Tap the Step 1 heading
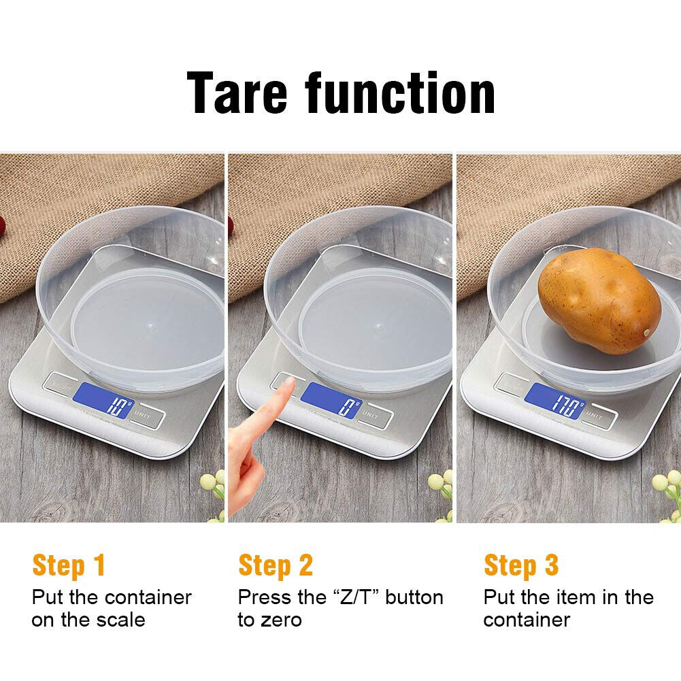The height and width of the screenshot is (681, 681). (69, 565)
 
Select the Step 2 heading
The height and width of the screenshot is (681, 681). (276, 565)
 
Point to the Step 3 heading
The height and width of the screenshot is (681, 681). (521, 565)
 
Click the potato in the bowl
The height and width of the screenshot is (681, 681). (599, 300)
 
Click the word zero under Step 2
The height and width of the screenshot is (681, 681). (280, 620)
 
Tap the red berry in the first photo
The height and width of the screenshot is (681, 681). (4, 224)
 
